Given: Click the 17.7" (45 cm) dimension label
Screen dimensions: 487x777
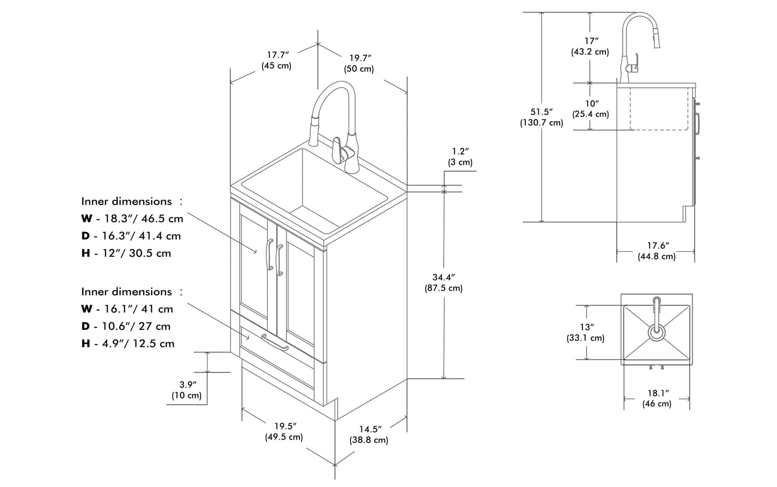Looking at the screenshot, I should [276, 60].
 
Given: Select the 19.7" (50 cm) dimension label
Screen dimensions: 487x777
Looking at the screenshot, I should [359, 63].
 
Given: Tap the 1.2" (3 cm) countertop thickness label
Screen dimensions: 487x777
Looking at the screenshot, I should [460, 157].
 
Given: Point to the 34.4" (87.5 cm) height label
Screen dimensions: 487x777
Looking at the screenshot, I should [444, 283].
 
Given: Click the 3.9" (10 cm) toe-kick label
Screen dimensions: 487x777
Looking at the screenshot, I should [187, 390].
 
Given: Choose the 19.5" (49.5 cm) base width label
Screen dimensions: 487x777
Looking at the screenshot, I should [283, 432].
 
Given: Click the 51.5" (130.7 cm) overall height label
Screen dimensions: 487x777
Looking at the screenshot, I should [541, 117].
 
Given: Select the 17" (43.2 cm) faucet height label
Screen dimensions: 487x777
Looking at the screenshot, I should [590, 46].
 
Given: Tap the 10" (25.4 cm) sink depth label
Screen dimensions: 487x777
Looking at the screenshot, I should [590, 109].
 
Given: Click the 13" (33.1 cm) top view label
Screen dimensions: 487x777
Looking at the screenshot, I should [586, 333].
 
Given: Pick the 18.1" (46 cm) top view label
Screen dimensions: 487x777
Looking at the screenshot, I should [657, 398].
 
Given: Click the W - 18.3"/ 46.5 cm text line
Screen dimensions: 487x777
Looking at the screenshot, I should [132, 218].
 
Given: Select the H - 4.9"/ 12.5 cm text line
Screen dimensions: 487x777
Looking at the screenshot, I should [128, 343].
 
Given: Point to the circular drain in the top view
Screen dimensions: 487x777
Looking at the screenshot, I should [656, 331].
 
